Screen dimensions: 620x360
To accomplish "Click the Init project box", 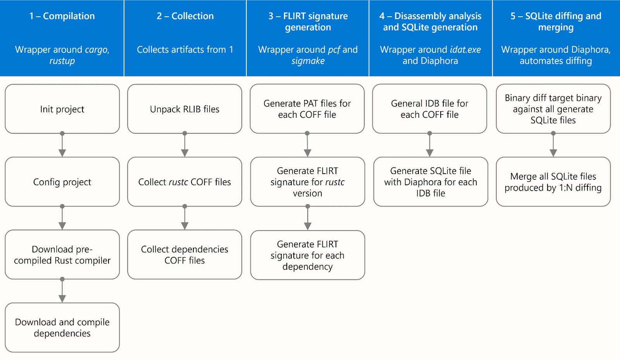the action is [x=62, y=109].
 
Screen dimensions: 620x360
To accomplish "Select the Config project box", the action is [x=62, y=182].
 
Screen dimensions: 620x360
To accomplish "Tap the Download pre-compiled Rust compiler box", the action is [x=62, y=255].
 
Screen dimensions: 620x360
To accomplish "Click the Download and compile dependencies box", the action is [x=62, y=327].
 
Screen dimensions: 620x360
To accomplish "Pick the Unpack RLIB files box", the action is [x=184, y=109].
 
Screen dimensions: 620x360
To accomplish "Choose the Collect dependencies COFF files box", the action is [x=184, y=255].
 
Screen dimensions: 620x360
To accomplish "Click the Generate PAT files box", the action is [x=307, y=109].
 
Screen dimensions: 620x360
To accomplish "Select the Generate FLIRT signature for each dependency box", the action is [x=308, y=255].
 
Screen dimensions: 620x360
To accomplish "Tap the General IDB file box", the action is [x=430, y=109].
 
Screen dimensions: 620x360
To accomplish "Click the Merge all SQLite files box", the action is [x=553, y=182].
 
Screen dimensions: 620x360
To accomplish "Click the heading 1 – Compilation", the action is [x=62, y=16].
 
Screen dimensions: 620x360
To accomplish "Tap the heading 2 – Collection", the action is [x=185, y=16].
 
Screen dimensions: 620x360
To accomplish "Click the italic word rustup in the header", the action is [x=62, y=60].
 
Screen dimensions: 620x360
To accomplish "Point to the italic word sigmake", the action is [x=308, y=60].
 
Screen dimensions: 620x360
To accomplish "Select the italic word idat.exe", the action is [x=465, y=50].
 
